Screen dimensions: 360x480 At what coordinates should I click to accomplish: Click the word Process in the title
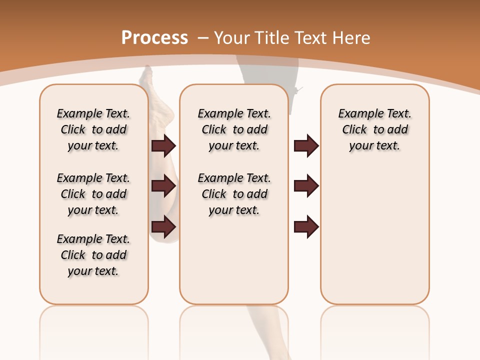point(154,38)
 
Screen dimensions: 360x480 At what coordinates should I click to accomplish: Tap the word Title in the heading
point(271,38)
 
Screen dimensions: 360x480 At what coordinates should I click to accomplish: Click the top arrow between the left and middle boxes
point(163,145)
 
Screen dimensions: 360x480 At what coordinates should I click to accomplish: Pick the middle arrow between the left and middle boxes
point(163,186)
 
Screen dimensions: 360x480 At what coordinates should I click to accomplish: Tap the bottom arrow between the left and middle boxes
point(163,227)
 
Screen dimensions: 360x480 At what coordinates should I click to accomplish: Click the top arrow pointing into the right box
point(306,145)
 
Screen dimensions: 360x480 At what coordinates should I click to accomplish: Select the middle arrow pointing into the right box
point(306,186)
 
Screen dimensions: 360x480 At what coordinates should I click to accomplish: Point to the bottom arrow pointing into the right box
point(306,227)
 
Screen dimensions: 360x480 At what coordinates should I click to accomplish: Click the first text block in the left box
point(93,129)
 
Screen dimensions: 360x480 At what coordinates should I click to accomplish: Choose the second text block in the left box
point(93,194)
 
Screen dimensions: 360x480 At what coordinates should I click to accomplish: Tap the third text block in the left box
point(93,255)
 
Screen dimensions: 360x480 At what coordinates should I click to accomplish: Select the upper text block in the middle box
point(234,129)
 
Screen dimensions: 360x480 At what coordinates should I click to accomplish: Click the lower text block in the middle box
point(234,194)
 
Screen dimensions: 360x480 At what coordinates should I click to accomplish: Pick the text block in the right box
point(374,129)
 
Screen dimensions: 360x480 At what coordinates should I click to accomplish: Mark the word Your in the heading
point(231,38)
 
